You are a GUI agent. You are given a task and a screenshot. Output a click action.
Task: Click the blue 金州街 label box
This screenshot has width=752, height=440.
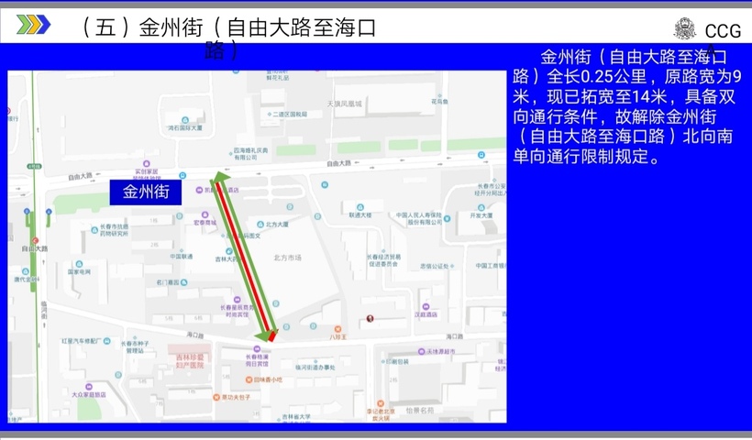pos(146,192)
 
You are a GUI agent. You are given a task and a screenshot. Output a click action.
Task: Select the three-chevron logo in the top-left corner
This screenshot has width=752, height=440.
pos(33,25)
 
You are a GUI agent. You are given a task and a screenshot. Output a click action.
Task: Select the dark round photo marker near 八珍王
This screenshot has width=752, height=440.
pos(370,318)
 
